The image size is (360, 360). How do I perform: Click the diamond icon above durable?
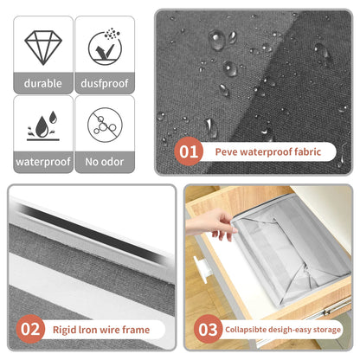tap(43, 48)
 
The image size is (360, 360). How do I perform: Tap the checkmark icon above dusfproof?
tap(105, 47)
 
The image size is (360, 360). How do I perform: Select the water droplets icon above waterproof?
tap(43, 125)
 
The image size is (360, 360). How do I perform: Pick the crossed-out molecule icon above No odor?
tap(105, 125)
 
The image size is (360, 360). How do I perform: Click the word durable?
tap(43, 83)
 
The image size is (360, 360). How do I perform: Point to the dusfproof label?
tap(105, 84)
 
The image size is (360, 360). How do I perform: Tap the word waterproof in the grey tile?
tap(43, 162)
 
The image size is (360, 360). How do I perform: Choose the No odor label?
tap(105, 162)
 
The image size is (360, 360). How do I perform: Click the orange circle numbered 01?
tap(189, 151)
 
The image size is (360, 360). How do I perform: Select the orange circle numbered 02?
tap(30, 329)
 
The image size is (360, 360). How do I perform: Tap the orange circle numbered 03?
tap(208, 329)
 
